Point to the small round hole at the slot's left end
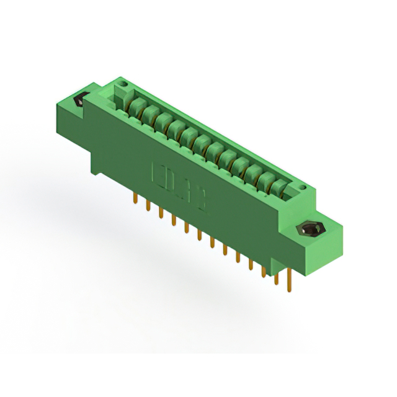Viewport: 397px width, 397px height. pyautogui.click(x=123, y=83)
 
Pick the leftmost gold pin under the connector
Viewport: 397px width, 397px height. pyautogui.click(x=135, y=197)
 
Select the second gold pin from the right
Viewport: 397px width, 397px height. pyautogui.click(x=276, y=276)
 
